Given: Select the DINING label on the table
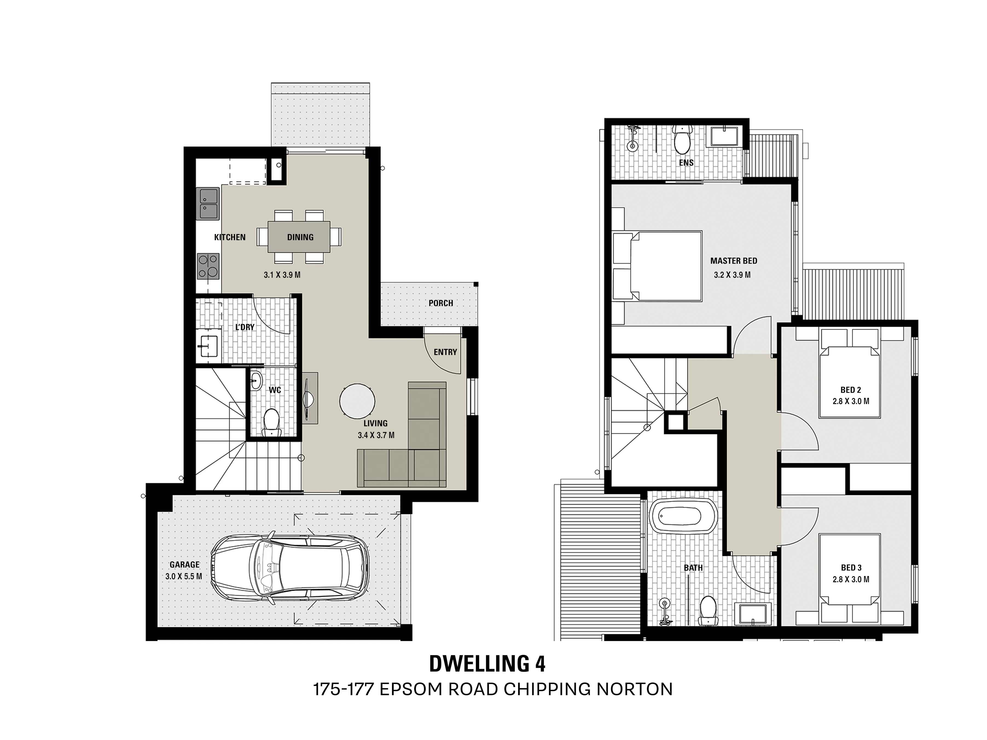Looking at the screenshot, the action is click(300, 237).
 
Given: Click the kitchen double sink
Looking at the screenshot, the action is click(208, 203).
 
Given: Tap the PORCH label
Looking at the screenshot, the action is click(441, 303).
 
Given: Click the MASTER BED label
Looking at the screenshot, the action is click(734, 261).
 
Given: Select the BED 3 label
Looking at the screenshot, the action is click(851, 568).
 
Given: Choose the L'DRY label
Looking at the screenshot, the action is click(245, 327).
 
